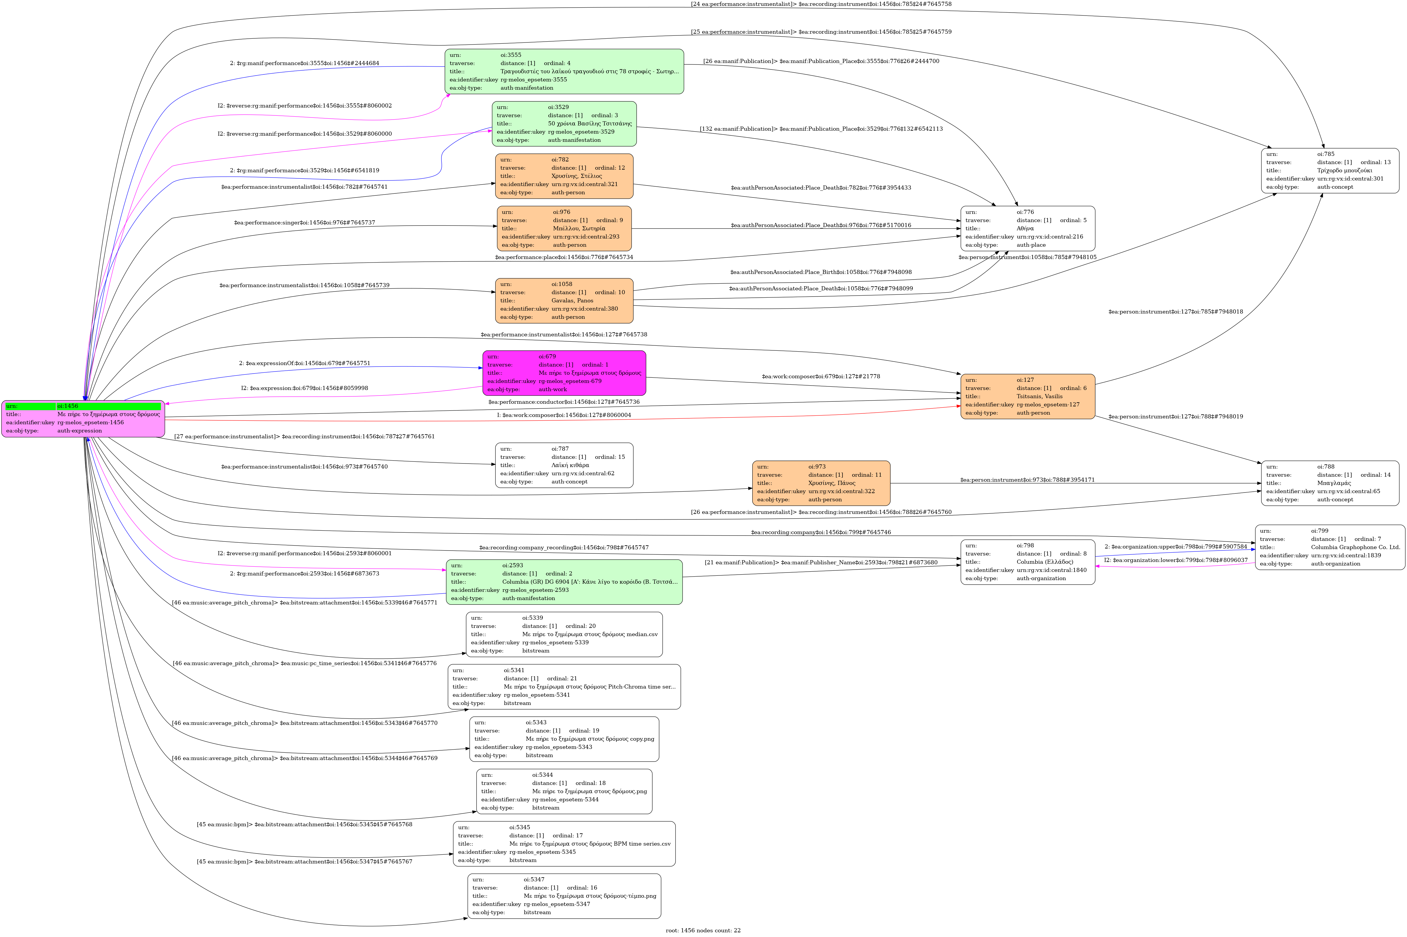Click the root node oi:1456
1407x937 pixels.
(83, 418)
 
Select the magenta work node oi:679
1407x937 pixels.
(564, 373)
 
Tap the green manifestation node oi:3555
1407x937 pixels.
(564, 71)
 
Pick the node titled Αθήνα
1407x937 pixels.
(1028, 228)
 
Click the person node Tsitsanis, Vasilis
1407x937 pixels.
(1028, 396)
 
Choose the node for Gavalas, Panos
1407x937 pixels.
(564, 301)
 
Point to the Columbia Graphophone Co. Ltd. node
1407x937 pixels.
(1330, 547)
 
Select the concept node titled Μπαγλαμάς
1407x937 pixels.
(1330, 483)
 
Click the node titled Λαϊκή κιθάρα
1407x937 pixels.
(564, 465)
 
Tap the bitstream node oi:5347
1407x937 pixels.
(564, 896)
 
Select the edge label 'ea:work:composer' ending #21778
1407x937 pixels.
(821, 376)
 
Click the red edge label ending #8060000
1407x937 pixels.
(564, 415)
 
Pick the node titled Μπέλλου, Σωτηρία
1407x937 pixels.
(564, 228)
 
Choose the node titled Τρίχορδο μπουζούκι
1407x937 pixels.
(1330, 170)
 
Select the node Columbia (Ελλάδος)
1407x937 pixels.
(1028, 562)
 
